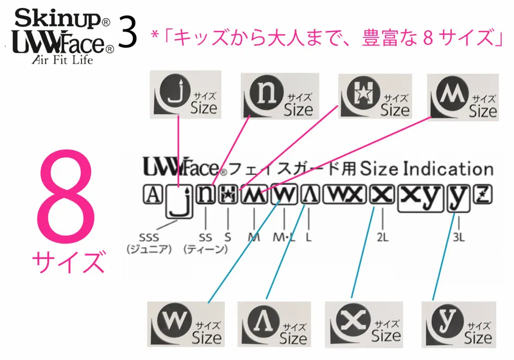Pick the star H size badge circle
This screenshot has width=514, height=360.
click(363, 93)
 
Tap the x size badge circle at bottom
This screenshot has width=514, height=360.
click(353, 320)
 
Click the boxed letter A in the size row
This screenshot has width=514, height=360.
click(153, 195)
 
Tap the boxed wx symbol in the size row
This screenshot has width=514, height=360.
click(344, 195)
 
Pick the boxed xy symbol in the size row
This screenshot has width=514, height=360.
click(421, 197)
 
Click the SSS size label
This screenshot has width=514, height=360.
click(149, 238)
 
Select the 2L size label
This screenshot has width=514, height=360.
click(382, 237)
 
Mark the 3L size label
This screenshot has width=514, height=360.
click(459, 237)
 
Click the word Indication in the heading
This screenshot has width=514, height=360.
click(448, 169)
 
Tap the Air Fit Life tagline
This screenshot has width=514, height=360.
click(62, 60)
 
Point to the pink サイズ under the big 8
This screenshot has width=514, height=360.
click(69, 262)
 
